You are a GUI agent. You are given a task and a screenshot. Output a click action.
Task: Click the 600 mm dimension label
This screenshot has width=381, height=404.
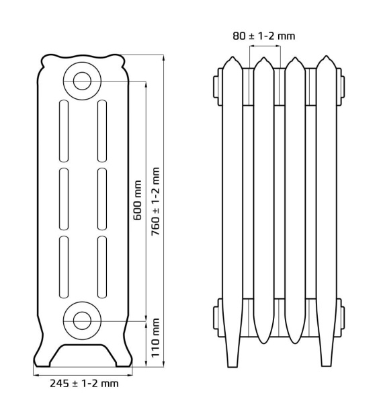(x=137, y=201)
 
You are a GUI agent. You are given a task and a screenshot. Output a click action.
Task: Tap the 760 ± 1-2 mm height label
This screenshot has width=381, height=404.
(x=155, y=201)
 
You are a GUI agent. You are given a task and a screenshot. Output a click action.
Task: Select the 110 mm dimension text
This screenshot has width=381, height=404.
(x=155, y=338)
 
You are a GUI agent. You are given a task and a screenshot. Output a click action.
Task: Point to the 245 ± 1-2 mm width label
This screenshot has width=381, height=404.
(x=84, y=384)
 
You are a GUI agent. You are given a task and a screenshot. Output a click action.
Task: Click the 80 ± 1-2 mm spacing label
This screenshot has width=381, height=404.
(x=264, y=36)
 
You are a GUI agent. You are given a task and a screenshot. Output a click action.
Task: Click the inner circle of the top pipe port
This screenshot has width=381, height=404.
(x=82, y=81)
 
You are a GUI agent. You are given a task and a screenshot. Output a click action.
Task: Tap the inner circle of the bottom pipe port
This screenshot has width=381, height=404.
(x=82, y=321)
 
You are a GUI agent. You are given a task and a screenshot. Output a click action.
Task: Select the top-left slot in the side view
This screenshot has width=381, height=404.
(x=64, y=131)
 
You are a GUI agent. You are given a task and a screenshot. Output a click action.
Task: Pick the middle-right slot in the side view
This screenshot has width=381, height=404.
(x=102, y=199)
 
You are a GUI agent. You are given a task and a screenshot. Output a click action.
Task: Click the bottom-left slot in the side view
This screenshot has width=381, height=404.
(x=64, y=267)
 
